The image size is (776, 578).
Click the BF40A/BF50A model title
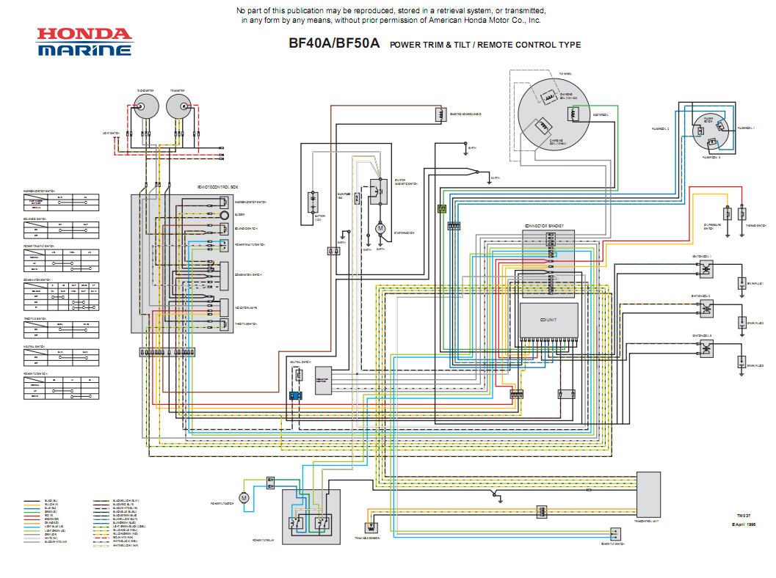(x=334, y=44)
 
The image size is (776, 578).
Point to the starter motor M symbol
(x=380, y=229)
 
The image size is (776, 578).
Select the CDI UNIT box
(x=548, y=320)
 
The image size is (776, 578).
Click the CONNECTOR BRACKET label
(x=548, y=226)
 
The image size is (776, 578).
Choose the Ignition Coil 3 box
(x=706, y=347)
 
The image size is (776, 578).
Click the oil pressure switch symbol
(x=727, y=213)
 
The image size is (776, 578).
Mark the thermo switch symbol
(x=742, y=213)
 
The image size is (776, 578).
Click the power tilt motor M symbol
(x=245, y=497)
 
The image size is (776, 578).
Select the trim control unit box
(x=648, y=495)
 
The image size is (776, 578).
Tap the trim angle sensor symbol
(x=371, y=526)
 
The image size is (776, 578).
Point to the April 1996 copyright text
(x=743, y=525)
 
